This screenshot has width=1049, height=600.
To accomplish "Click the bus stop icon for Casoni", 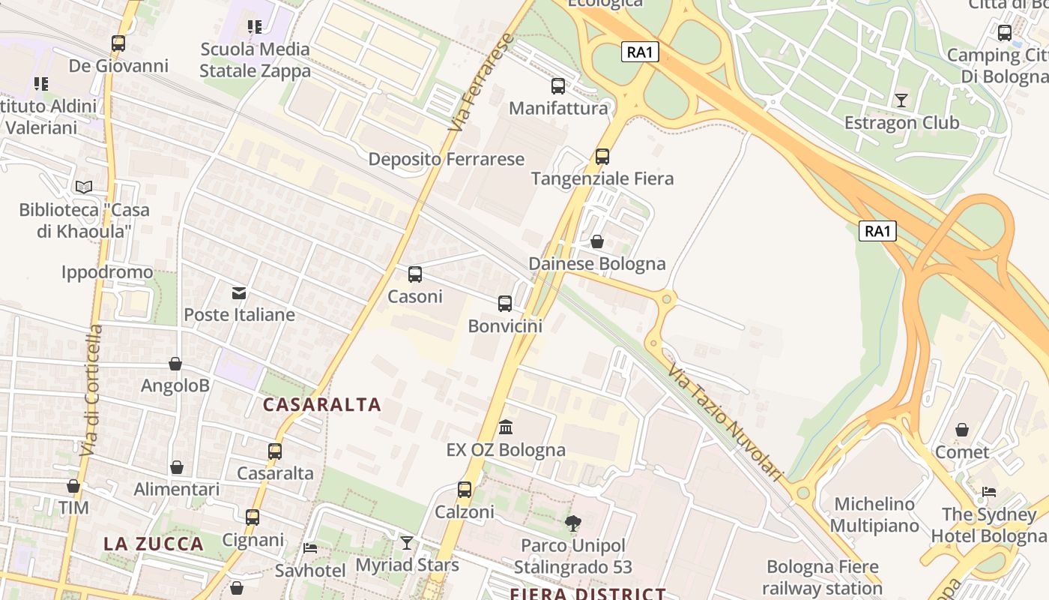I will point(415,274).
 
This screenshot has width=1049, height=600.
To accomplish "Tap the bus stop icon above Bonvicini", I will point(505,304).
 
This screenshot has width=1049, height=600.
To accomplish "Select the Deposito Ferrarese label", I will point(447,160).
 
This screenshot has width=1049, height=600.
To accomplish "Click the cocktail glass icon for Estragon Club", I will point(901,100).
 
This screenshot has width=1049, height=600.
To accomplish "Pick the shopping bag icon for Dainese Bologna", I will point(597,241).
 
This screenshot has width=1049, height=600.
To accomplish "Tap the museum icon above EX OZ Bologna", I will point(506,427).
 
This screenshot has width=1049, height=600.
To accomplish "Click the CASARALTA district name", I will point(322,405).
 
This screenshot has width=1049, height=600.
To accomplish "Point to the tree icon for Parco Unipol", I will point(573,523).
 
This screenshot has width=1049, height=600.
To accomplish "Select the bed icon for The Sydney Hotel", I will point(989,493).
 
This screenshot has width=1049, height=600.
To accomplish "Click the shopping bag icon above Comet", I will point(962,430).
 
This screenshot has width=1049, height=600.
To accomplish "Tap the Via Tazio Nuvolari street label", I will point(725,423).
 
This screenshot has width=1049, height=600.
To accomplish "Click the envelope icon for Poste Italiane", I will point(239,292).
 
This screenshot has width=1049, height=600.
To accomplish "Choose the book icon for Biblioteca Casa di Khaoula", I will point(84,187).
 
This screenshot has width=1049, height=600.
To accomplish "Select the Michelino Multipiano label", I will point(874,514).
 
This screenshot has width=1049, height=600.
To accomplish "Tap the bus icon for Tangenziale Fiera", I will point(602,157).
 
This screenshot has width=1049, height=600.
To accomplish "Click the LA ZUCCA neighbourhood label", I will point(154,544).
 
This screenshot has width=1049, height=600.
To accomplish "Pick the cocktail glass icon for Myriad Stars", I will point(406,542).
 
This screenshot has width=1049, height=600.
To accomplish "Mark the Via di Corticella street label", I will point(91,390).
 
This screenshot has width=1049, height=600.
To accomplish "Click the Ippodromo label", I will point(107,272).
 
